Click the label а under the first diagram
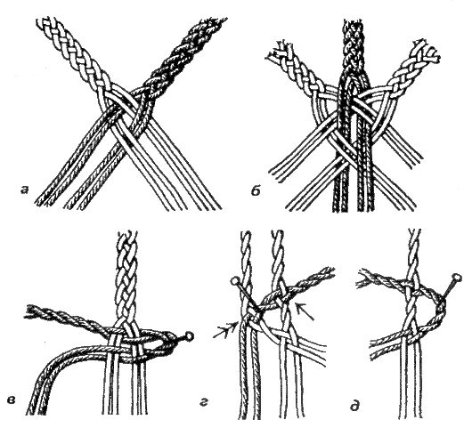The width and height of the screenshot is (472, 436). point(24,190)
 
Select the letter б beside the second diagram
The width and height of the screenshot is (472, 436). point(256,190)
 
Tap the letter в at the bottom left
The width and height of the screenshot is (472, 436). point(12,400)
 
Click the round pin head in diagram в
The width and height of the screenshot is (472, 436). point(190,335)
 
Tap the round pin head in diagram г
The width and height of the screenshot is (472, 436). point(235,282)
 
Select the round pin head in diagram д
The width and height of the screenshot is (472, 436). point(457,277)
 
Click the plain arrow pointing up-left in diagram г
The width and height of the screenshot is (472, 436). point(305,311)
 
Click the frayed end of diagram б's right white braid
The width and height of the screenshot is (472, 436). point(428,50)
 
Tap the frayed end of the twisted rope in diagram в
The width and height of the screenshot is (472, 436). point(30,311)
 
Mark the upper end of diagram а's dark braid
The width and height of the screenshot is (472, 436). point(216,22)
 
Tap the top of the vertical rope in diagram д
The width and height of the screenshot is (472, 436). point(416,231)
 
